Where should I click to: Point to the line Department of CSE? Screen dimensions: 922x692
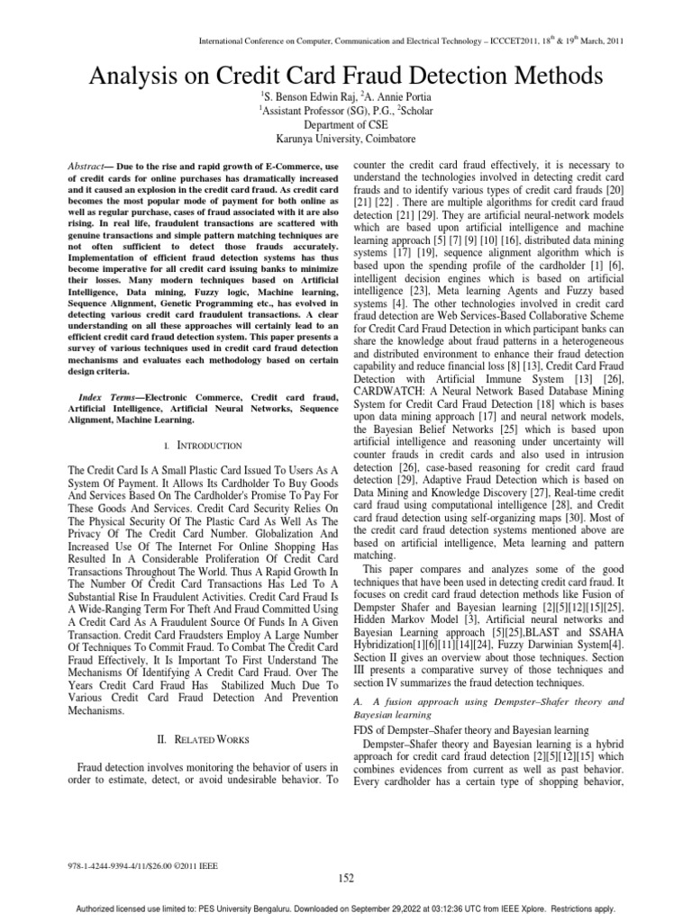[x=346, y=124]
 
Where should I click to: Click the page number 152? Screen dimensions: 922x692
[x=346, y=878]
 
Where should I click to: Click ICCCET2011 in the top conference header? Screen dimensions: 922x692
[x=517, y=41]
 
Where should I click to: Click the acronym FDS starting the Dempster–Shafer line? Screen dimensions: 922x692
[x=363, y=728]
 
